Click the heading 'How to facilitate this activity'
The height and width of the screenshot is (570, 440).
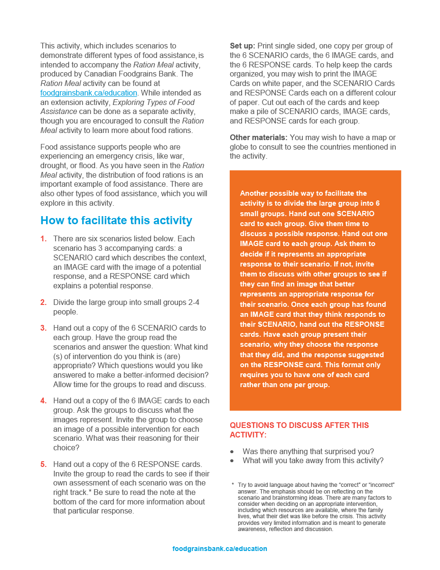click(116, 220)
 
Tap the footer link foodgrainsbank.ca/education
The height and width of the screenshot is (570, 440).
click(220, 549)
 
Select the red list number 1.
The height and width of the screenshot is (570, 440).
click(44, 238)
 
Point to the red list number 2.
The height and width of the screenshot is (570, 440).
click(44, 302)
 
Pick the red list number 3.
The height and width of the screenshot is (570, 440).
click(44, 328)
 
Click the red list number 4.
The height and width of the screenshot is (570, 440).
click(44, 400)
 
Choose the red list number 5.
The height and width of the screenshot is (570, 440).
click(44, 464)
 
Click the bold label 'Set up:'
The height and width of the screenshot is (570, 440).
click(243, 46)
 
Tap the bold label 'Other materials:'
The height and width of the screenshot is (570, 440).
click(259, 138)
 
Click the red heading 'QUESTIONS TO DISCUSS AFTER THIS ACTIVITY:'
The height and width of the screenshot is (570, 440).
click(299, 430)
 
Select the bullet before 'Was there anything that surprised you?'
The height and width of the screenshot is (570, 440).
click(232, 452)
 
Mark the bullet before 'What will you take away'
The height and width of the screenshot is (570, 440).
click(232, 461)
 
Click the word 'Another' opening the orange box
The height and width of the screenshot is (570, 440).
click(255, 193)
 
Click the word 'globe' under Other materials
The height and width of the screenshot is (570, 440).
click(240, 147)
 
